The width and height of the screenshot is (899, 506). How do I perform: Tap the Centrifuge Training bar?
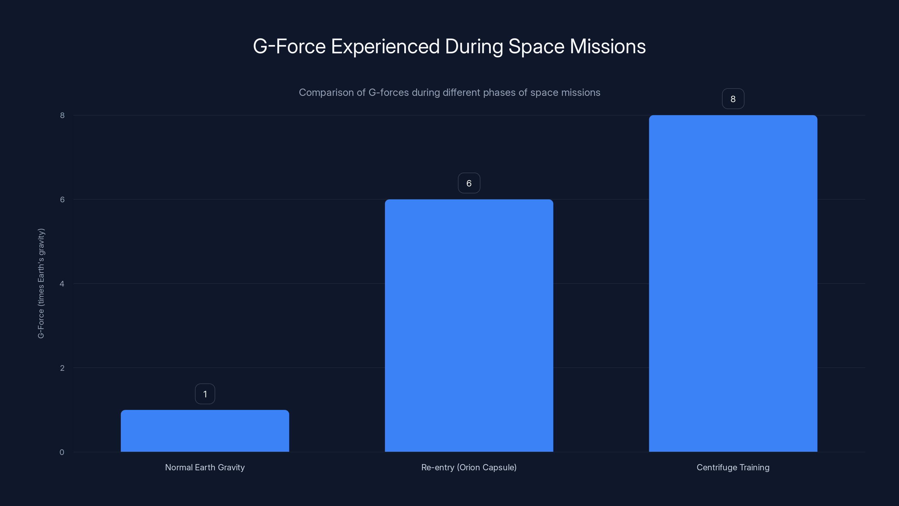pos(733,283)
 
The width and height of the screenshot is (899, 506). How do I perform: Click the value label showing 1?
pos(205,394)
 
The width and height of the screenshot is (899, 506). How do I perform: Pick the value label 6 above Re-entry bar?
pos(469,183)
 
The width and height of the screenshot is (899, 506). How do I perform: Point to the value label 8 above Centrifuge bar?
pos(733,99)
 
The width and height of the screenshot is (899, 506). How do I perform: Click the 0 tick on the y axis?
pos(62,452)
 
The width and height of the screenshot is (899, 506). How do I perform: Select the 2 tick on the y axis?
pos(62,368)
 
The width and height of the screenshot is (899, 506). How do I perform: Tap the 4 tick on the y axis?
pos(62,284)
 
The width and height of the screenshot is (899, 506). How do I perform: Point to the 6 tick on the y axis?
pos(62,199)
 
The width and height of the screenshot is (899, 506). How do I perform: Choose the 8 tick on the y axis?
pos(62,115)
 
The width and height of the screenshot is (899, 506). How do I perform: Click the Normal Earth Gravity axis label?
pos(205,467)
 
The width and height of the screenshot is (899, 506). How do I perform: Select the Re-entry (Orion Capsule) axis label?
pos(469,467)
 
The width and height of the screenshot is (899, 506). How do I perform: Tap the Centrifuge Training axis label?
pos(733,467)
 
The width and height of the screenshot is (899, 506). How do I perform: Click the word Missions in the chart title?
pos(608,46)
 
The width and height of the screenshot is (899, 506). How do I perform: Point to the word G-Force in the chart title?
pos(289,46)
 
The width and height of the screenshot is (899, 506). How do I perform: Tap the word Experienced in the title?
pos(385,46)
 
